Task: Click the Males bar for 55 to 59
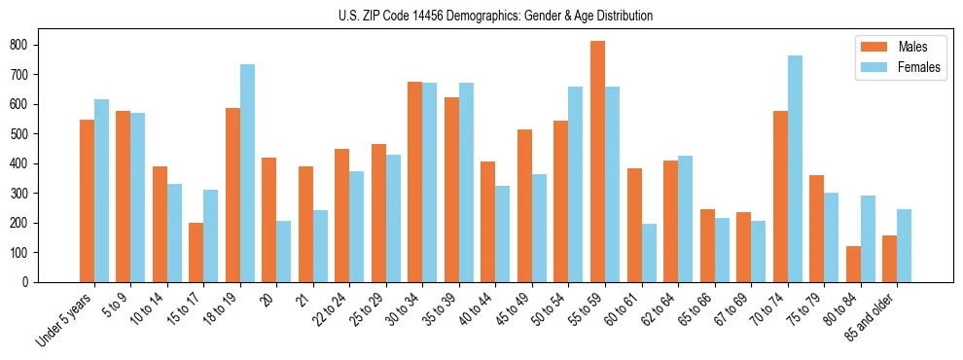point(597,162)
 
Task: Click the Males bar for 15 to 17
point(196,252)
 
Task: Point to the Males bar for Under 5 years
point(87,200)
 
